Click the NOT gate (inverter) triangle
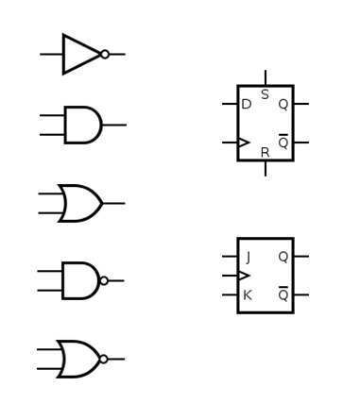tap(79, 55)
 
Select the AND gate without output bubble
tap(81, 125)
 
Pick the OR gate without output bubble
tap(80, 203)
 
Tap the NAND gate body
tap(79, 280)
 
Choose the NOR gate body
tap(78, 359)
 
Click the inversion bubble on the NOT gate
tap(105, 55)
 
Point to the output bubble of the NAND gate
tap(104, 280)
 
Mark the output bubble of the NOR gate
tap(104, 359)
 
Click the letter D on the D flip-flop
tap(247, 105)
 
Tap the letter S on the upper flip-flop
tap(265, 95)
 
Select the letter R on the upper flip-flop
tap(265, 152)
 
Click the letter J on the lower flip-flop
tap(248, 257)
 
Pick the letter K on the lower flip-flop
tap(248, 295)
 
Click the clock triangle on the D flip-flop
tap(244, 143)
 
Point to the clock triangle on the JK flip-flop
tap(244, 276)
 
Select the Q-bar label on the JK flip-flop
tap(283, 295)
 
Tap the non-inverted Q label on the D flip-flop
tap(283, 105)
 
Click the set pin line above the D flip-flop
tap(266, 77)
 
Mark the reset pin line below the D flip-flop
tap(266, 168)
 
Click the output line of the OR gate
tap(113, 203)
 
